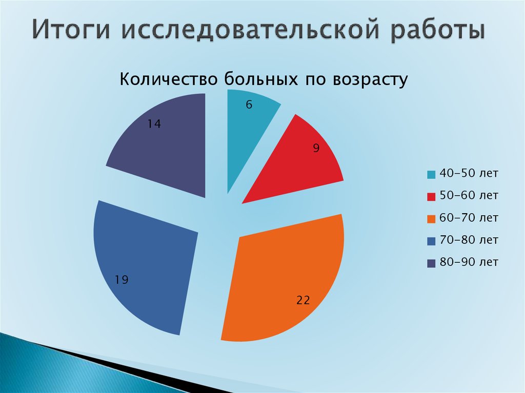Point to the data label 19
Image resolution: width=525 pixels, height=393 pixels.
coord(122,280)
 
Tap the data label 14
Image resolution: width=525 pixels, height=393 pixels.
coord(154,123)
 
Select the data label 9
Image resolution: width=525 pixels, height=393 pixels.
coord(316,149)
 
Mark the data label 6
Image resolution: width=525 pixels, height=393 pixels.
coord(249,105)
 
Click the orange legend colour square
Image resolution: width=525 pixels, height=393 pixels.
coord(431,219)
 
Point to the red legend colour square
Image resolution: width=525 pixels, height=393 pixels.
coord(431,197)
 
